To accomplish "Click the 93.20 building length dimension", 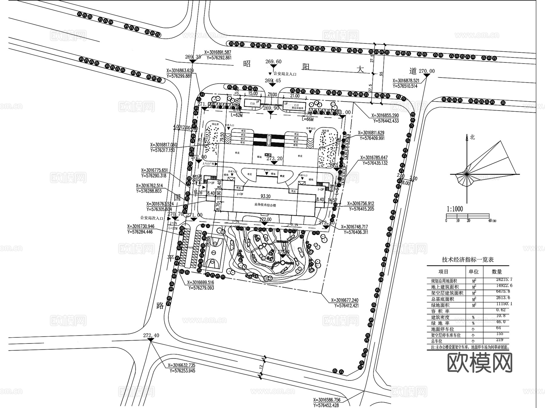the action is [x=266, y=196].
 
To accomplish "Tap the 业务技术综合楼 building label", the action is [x=265, y=205].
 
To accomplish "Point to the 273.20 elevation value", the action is [x=274, y=158].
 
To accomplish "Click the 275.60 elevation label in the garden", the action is [x=283, y=252].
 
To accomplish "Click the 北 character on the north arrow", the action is [x=472, y=137].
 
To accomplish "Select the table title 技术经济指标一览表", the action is [x=468, y=260].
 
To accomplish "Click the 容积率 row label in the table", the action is [x=440, y=311].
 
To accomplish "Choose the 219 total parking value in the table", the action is [x=500, y=340].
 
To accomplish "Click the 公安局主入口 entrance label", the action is [x=285, y=74].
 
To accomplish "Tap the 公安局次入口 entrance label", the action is [x=151, y=218].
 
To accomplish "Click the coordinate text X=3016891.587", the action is [x=218, y=52].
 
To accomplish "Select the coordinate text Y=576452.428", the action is [x=326, y=405].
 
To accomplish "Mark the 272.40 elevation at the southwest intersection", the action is [x=151, y=336].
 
